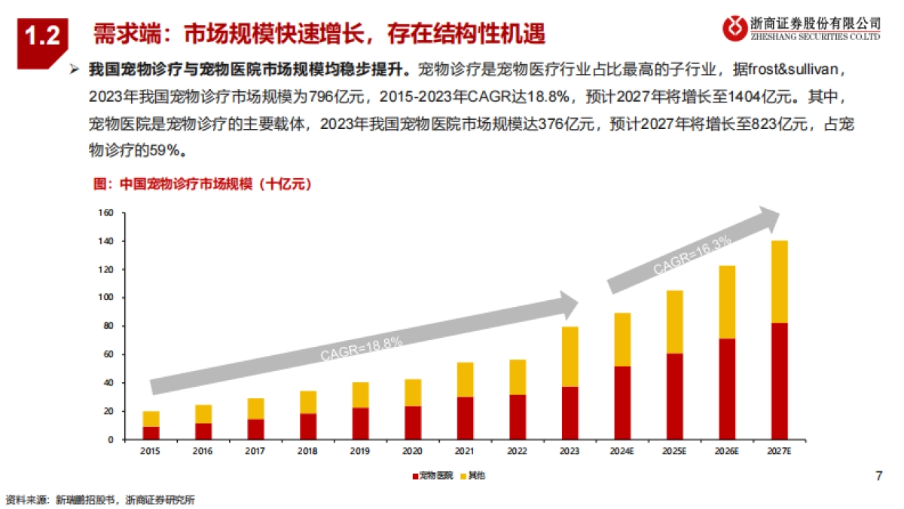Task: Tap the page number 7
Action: [x=878, y=476]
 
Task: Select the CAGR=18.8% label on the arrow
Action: [x=362, y=349]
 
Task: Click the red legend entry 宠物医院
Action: [x=432, y=476]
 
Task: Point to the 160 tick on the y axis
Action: [x=105, y=213]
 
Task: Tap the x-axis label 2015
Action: [x=151, y=452]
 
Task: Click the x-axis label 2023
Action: [x=570, y=452]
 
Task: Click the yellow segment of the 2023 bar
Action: [x=570, y=357]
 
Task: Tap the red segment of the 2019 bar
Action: [x=361, y=424]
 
